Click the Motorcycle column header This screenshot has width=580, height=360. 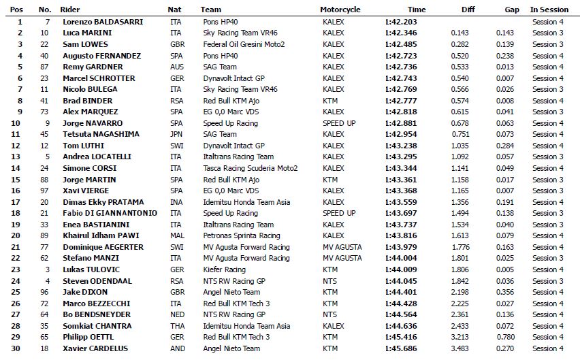click(340, 10)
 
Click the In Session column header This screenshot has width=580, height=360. click(549, 10)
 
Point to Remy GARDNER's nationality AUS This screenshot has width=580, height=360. click(176, 67)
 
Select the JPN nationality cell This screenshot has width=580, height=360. click(176, 134)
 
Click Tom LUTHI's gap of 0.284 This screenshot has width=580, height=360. click(504, 146)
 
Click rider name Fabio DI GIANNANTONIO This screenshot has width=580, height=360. click(109, 213)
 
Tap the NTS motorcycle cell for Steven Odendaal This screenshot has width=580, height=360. click(329, 281)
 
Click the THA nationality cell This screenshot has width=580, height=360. click(176, 326)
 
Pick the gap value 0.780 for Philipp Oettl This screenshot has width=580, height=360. click(504, 337)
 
